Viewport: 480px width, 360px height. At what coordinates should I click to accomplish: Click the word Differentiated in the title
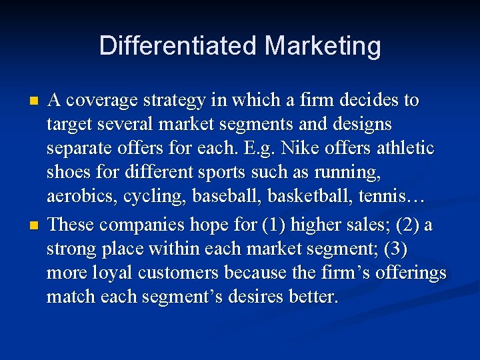click(x=178, y=46)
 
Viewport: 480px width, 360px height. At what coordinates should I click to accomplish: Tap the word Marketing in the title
click(x=323, y=46)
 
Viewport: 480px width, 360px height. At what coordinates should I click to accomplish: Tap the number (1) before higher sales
click(x=275, y=225)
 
